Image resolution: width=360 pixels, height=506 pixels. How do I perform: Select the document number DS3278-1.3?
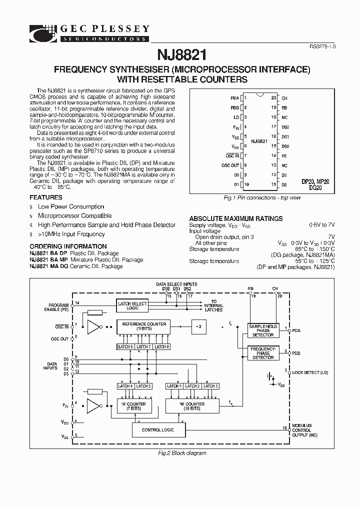pyautogui.click(x=319, y=46)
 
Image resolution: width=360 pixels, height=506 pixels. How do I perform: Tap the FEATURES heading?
pyautogui.click(x=46, y=197)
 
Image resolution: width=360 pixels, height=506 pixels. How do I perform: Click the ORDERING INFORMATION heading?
pyautogui.click(x=68, y=246)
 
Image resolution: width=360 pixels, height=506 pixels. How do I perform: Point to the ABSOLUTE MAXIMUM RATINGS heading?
pyautogui.click(x=235, y=218)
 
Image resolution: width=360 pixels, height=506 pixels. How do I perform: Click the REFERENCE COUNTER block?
pyautogui.click(x=143, y=326)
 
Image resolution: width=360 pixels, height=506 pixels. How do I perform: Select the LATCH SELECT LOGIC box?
pyautogui.click(x=132, y=305)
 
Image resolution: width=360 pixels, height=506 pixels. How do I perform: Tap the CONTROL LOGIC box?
pyautogui.click(x=158, y=429)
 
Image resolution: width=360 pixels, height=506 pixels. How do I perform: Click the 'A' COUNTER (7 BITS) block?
pyautogui.click(x=133, y=406)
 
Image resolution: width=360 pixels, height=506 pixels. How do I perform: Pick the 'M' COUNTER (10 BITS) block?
pyautogui.click(x=192, y=406)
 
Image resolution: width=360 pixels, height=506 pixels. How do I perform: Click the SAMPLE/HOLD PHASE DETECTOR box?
pyautogui.click(x=263, y=330)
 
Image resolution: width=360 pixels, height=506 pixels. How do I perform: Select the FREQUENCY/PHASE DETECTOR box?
pyautogui.click(x=263, y=353)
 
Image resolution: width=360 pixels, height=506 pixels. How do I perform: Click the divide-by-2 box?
pyautogui.click(x=198, y=326)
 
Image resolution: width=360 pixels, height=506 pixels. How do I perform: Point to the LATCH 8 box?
pyautogui.click(x=160, y=346)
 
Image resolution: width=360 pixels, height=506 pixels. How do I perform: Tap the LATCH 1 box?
pyautogui.click(x=173, y=386)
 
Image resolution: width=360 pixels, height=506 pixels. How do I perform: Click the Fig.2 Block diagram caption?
pyautogui.click(x=179, y=453)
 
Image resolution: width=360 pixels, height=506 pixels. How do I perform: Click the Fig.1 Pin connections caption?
pyautogui.click(x=262, y=198)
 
